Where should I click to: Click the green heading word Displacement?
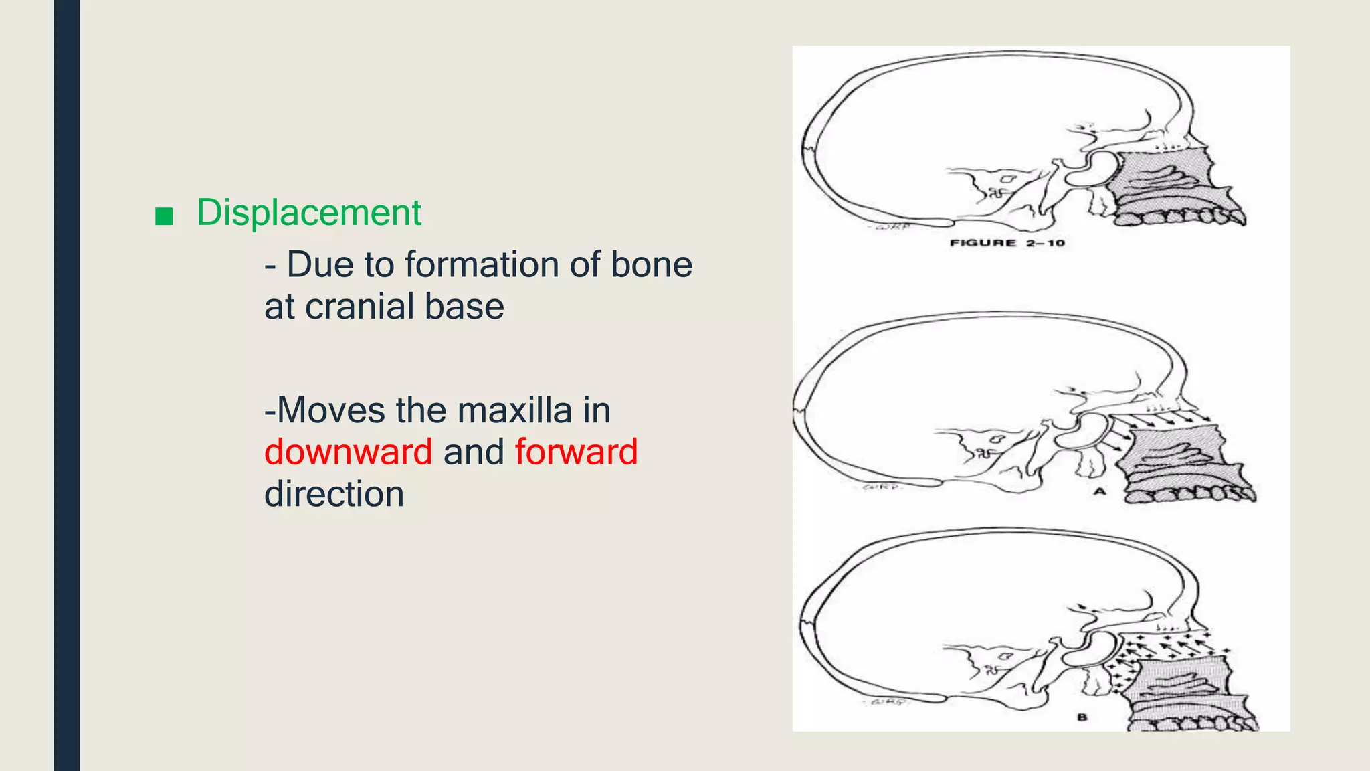tap(308, 213)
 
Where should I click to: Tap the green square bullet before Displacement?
tap(164, 216)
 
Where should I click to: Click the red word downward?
tap(348, 452)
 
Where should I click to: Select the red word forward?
tap(576, 452)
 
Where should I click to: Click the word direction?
tap(334, 494)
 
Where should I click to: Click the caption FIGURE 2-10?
tap(1007, 243)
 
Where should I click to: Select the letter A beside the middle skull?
tap(1100, 491)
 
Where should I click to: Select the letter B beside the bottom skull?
tap(1082, 717)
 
